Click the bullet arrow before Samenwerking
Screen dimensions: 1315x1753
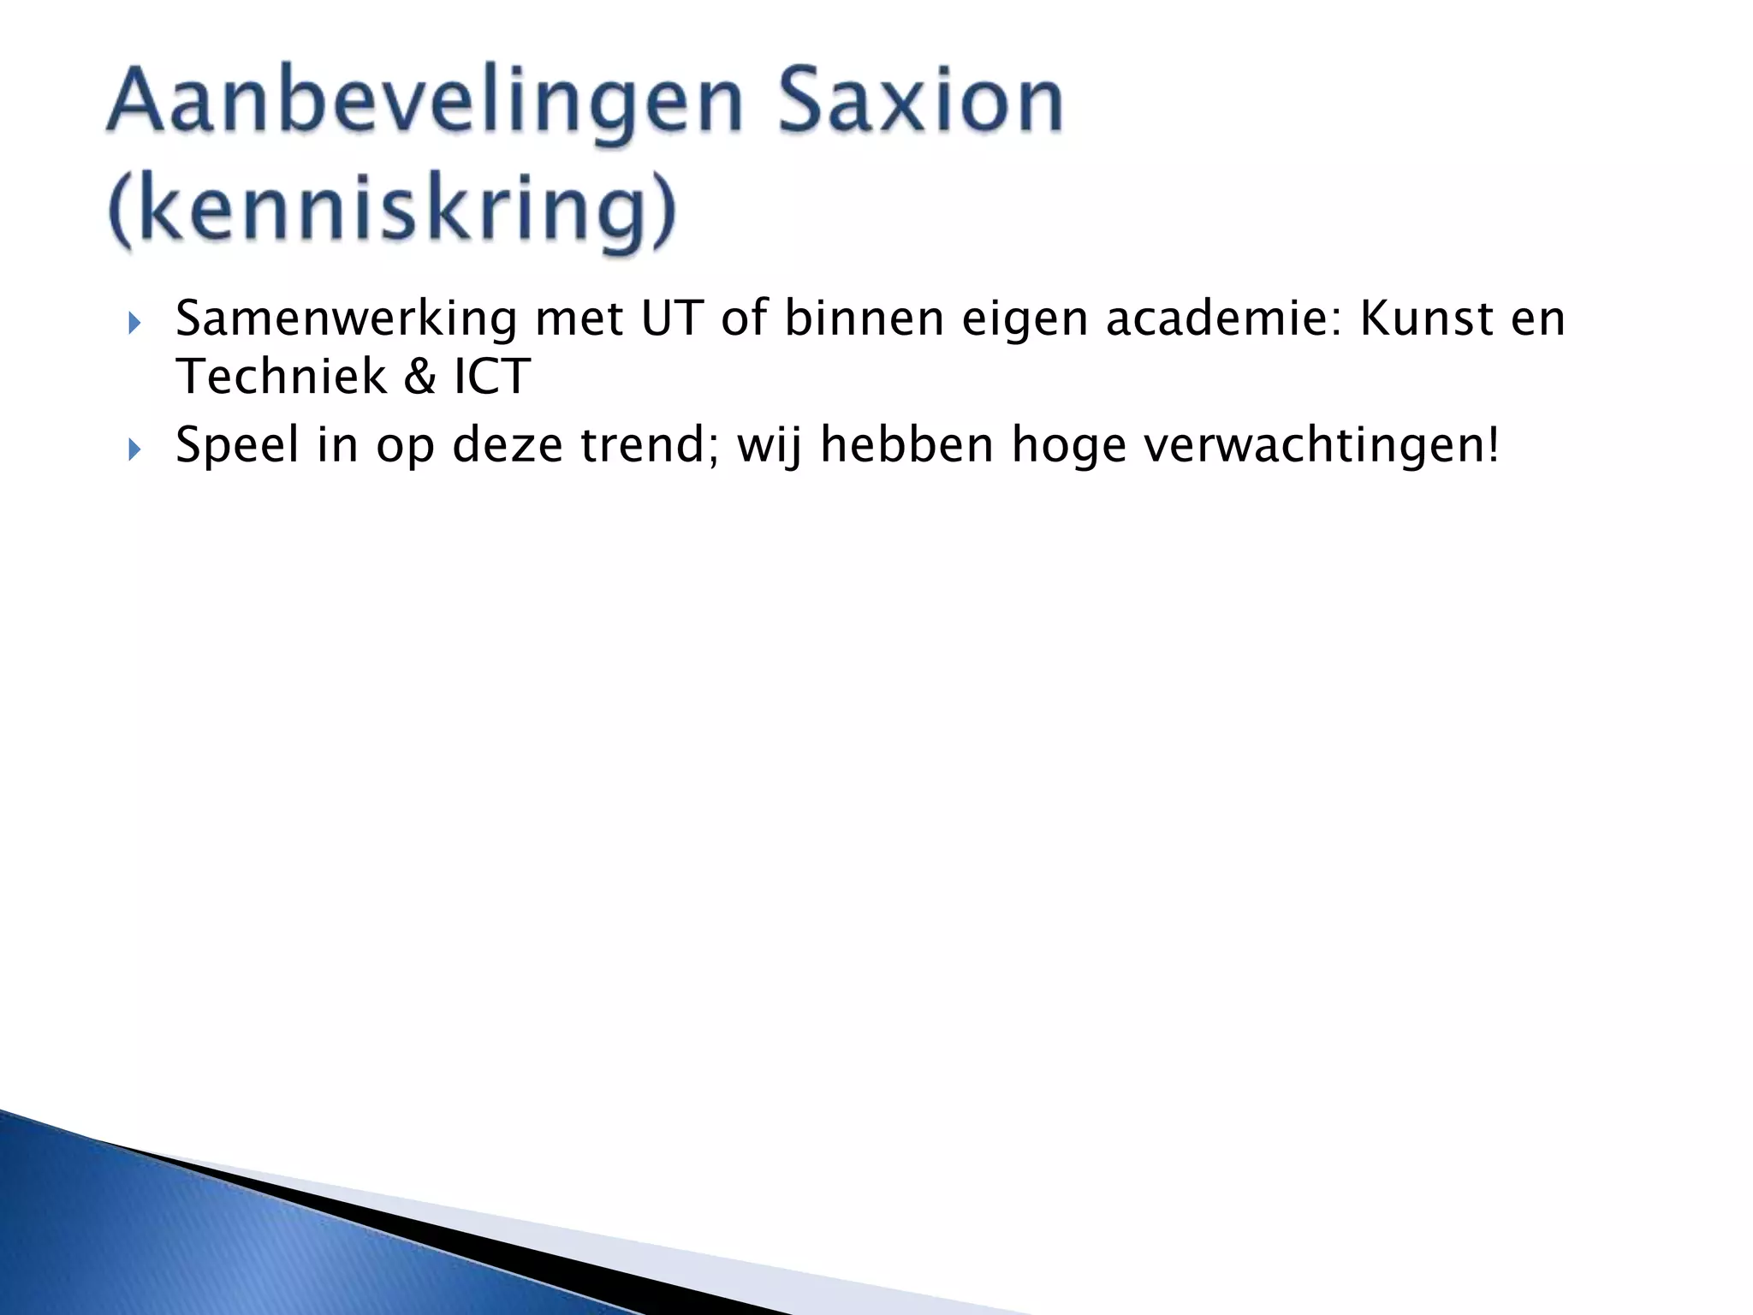134,323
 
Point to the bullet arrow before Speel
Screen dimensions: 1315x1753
134,449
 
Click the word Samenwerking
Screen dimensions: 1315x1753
346,320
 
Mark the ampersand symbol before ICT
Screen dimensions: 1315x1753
419,378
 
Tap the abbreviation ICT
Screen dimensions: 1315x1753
491,377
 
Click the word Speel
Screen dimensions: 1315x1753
237,446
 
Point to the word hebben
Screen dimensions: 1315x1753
906,444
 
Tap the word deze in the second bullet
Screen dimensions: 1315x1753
507,446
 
